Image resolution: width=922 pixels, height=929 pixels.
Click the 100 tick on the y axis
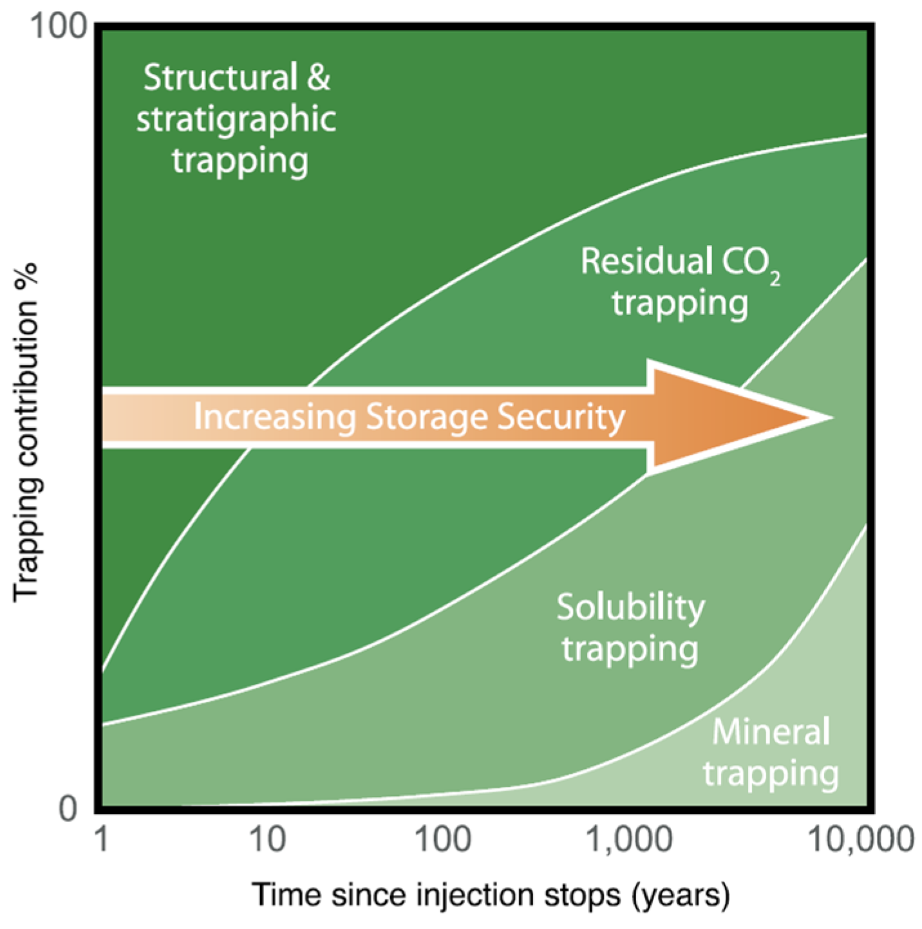pos(59,27)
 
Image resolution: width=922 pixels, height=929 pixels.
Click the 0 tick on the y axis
pos(68,809)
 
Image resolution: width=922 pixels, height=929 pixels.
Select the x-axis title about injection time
pos(491,895)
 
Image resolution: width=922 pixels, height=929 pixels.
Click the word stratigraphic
pos(236,119)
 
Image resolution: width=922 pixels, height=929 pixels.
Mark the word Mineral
pos(771,732)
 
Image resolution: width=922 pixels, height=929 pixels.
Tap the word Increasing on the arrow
pos(275,417)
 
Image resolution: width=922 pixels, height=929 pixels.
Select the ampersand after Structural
pos(318,78)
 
